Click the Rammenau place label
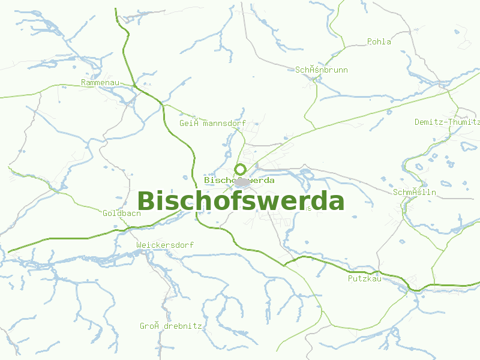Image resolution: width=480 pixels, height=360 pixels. [x=100, y=82]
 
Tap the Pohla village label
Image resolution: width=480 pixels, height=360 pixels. [x=379, y=42]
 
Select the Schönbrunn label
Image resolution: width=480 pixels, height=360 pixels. [x=321, y=70]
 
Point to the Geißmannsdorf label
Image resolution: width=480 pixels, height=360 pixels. [x=212, y=124]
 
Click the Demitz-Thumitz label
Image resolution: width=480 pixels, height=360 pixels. [x=447, y=122]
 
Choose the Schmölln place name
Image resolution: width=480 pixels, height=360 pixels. [x=415, y=193]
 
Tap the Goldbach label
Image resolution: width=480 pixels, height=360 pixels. [x=122, y=214]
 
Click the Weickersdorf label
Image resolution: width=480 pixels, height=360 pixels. [x=165, y=245]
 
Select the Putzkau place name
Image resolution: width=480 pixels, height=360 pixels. [x=365, y=279]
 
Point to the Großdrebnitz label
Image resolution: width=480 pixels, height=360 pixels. [x=170, y=326]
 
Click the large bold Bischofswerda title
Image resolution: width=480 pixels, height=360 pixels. [x=241, y=201]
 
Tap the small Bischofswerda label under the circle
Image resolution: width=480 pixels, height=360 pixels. [x=239, y=180]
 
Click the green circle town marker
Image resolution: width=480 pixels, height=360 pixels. [x=241, y=169]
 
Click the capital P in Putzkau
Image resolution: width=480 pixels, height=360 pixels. [x=350, y=279]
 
